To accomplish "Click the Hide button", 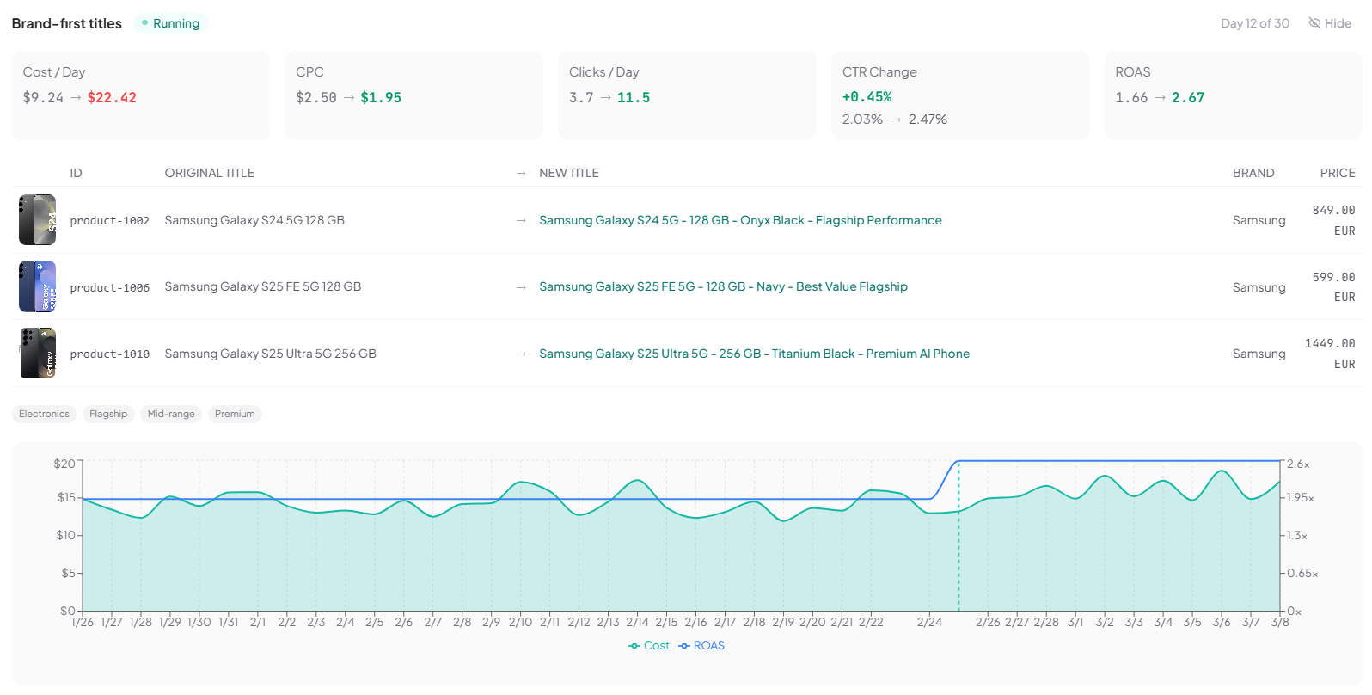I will pyautogui.click(x=1330, y=23).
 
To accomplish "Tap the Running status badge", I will pyautogui.click(x=171, y=23).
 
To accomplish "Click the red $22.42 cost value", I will pyautogui.click(x=112, y=98).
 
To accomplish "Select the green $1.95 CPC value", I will pyautogui.click(x=381, y=98).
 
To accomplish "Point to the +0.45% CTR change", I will pyautogui.click(x=867, y=97).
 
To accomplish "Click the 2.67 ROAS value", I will pyautogui.click(x=1188, y=98).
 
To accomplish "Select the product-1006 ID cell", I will pyautogui.click(x=110, y=288).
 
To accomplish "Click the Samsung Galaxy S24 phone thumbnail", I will pyautogui.click(x=38, y=220).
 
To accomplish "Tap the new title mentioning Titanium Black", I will pyautogui.click(x=754, y=354).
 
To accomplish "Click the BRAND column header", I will pyautogui.click(x=1253, y=173).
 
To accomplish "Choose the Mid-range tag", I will pyautogui.click(x=171, y=415).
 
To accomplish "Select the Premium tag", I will pyautogui.click(x=235, y=415).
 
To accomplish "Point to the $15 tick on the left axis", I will pyautogui.click(x=66, y=498).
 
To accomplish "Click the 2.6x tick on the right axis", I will pyautogui.click(x=1298, y=464).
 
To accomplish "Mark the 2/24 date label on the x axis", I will pyautogui.click(x=929, y=623).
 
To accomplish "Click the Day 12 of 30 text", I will pyautogui.click(x=1255, y=23).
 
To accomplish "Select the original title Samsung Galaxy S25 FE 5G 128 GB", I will pyautogui.click(x=263, y=287).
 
